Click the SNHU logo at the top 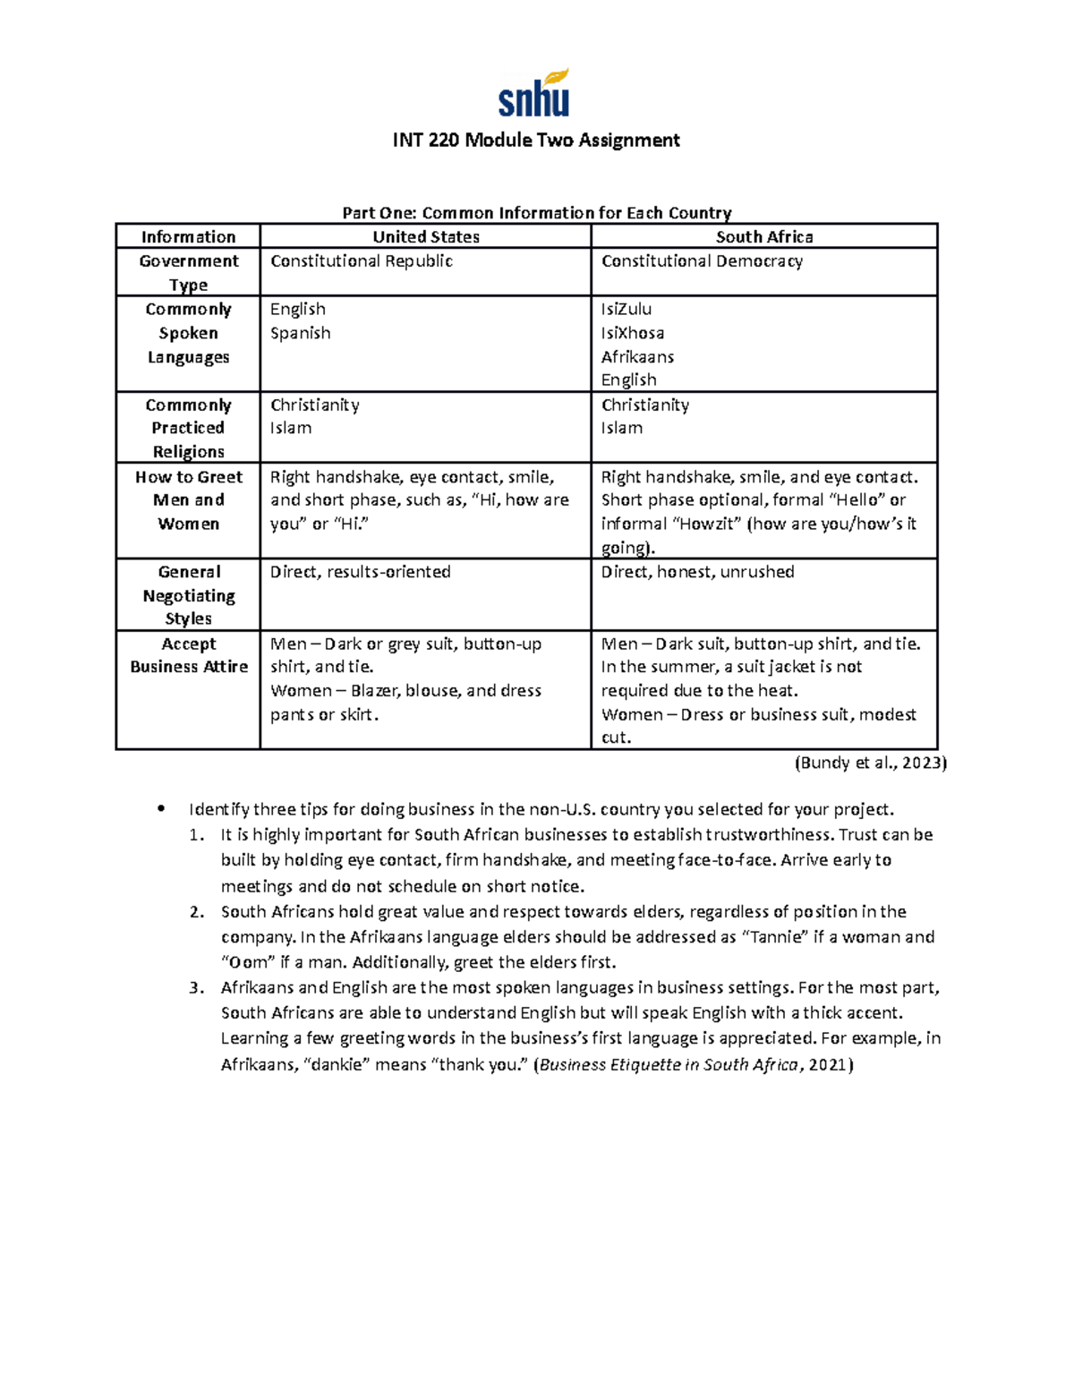point(534,94)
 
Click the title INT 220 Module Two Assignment point(536,140)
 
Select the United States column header point(426,236)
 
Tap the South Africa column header point(764,236)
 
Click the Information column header point(188,236)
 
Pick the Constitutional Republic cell point(362,261)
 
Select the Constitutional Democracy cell point(702,261)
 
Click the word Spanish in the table point(301,333)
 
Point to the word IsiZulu point(626,309)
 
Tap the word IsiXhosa point(633,333)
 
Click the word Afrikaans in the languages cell point(637,356)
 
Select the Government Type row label point(189,272)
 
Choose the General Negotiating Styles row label point(189,595)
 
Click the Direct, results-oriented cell point(361,572)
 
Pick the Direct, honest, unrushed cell point(697,572)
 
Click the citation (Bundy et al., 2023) point(870,763)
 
